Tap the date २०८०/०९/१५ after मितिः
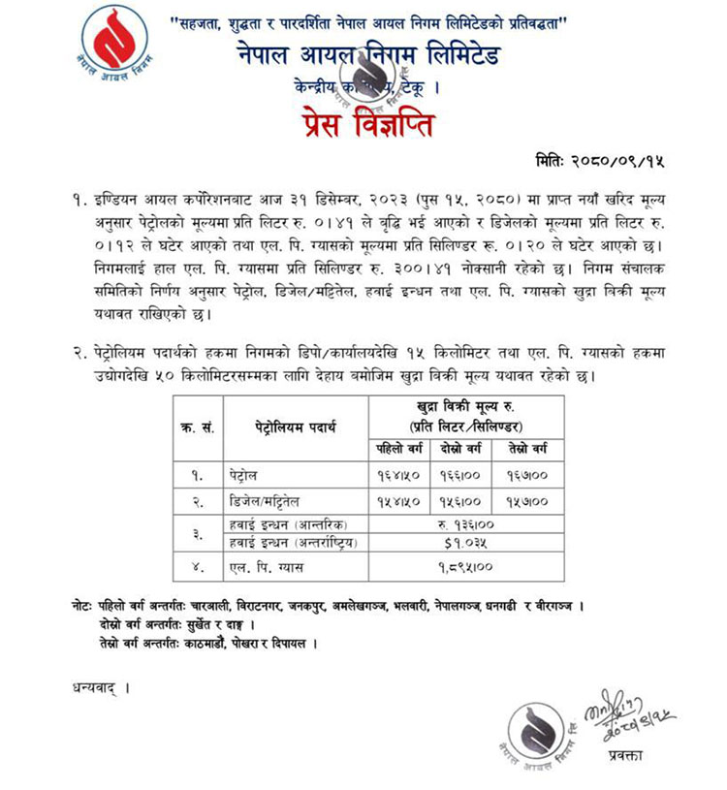pyautogui.click(x=629, y=159)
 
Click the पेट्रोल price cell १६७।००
pyautogui.click(x=530, y=476)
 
